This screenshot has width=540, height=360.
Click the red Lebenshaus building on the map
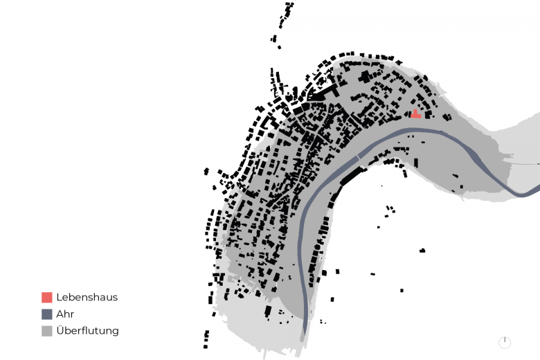pyautogui.click(x=415, y=115)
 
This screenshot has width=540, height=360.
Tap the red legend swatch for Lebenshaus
pyautogui.click(x=47, y=297)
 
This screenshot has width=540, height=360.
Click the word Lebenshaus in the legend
pyautogui.click(x=87, y=297)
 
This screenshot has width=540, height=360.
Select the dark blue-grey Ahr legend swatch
pyautogui.click(x=47, y=314)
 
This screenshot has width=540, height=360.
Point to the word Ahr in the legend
pyautogui.click(x=65, y=314)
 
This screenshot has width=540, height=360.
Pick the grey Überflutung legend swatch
pyautogui.click(x=47, y=331)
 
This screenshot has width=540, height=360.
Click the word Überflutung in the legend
pyautogui.click(x=87, y=330)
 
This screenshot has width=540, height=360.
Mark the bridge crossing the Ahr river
pyautogui.click(x=358, y=156)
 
